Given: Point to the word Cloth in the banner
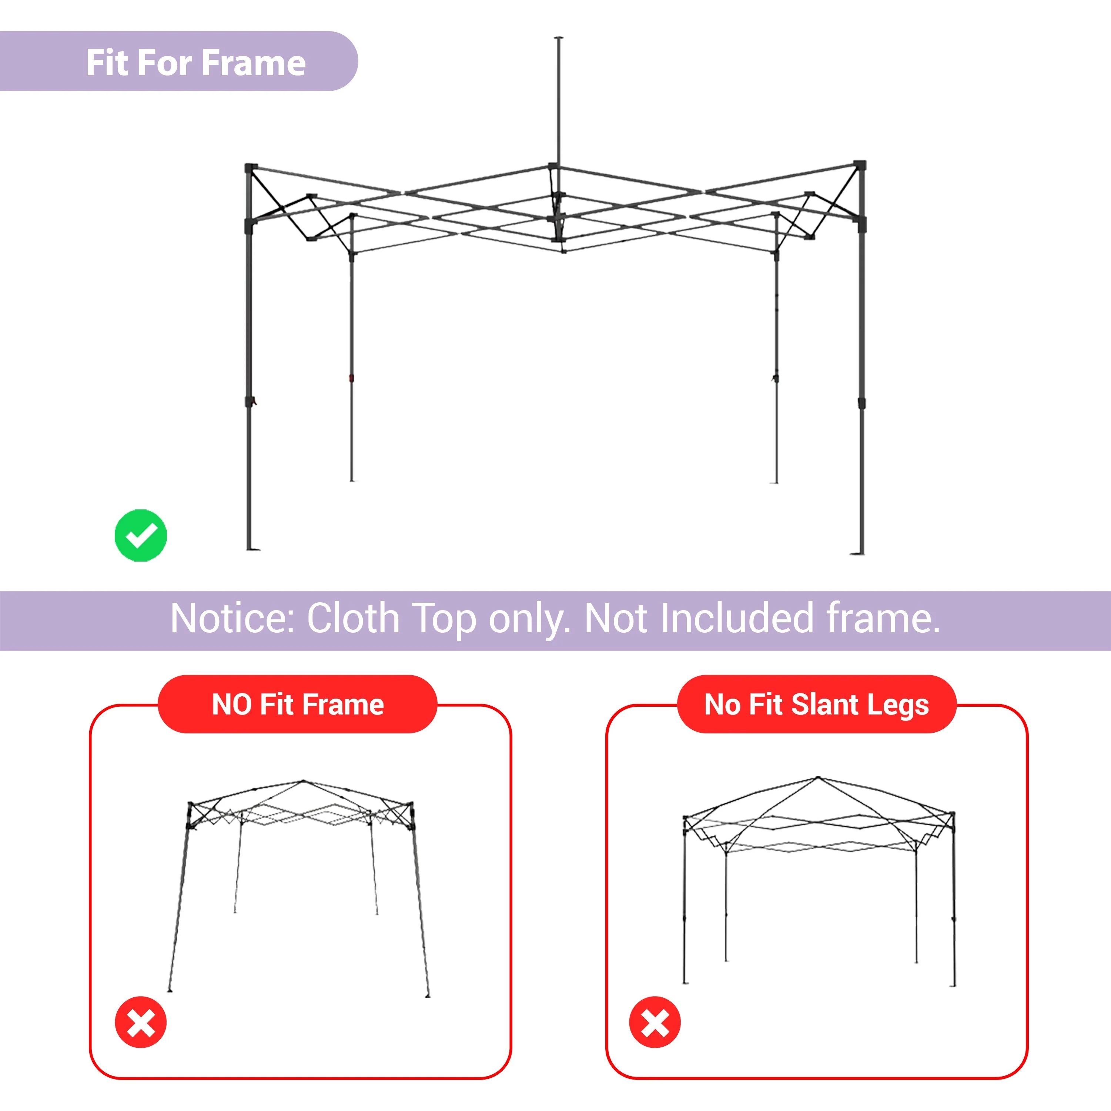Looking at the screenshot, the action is pos(353,618).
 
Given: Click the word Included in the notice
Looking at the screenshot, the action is pos(737,618).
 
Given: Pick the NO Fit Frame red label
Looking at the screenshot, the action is pos(297,705).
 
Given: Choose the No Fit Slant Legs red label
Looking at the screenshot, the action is pos(817,705).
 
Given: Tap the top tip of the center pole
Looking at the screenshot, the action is pos(558,39).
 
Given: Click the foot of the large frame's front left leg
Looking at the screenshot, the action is pos(252,549).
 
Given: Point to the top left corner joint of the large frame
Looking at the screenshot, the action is pos(251,168).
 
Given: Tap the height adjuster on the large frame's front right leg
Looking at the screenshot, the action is pos(861,402).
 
